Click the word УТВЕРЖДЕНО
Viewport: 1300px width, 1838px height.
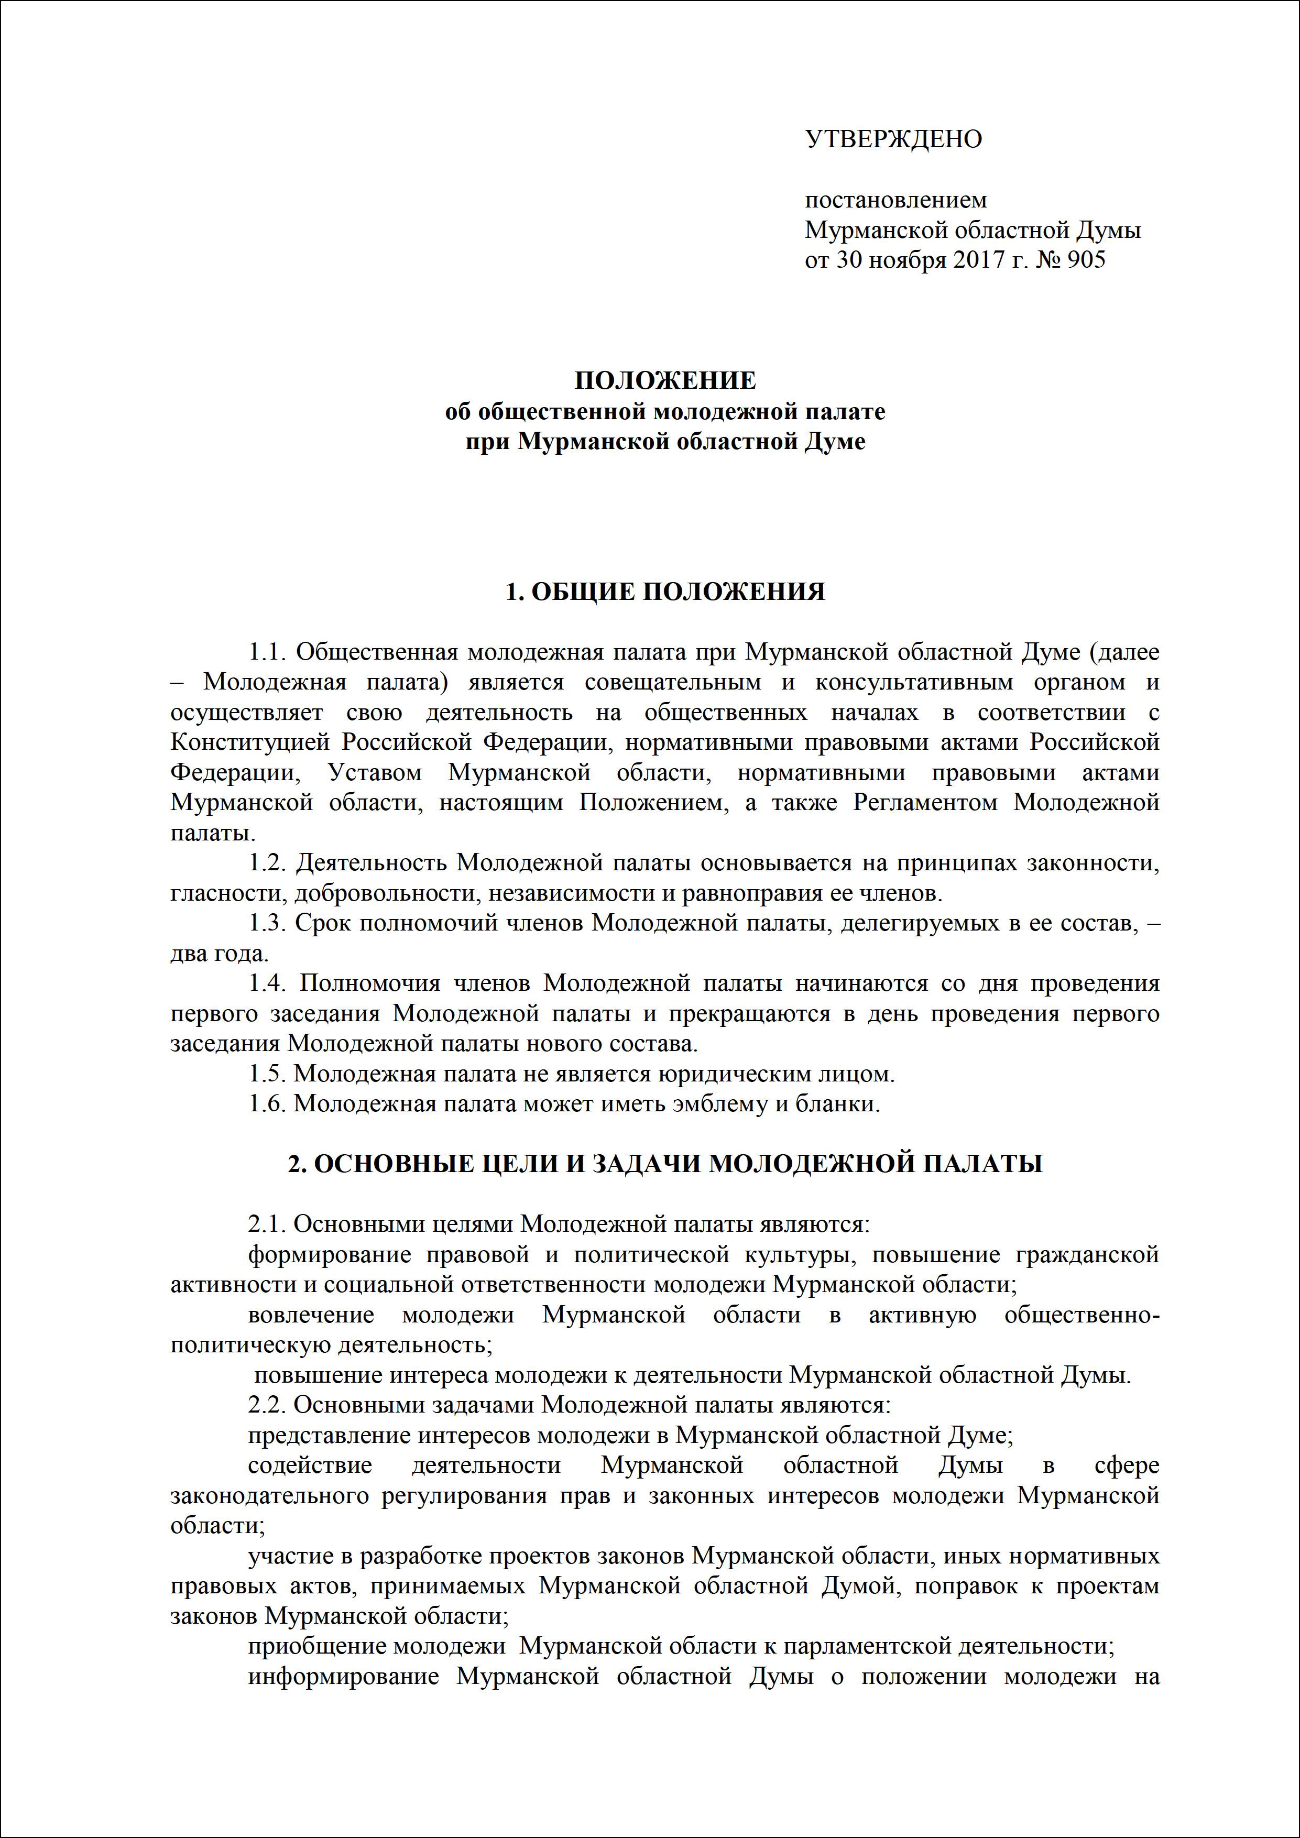(892, 139)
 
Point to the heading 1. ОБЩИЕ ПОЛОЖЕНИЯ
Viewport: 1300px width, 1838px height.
(664, 592)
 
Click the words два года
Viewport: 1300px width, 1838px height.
(219, 954)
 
